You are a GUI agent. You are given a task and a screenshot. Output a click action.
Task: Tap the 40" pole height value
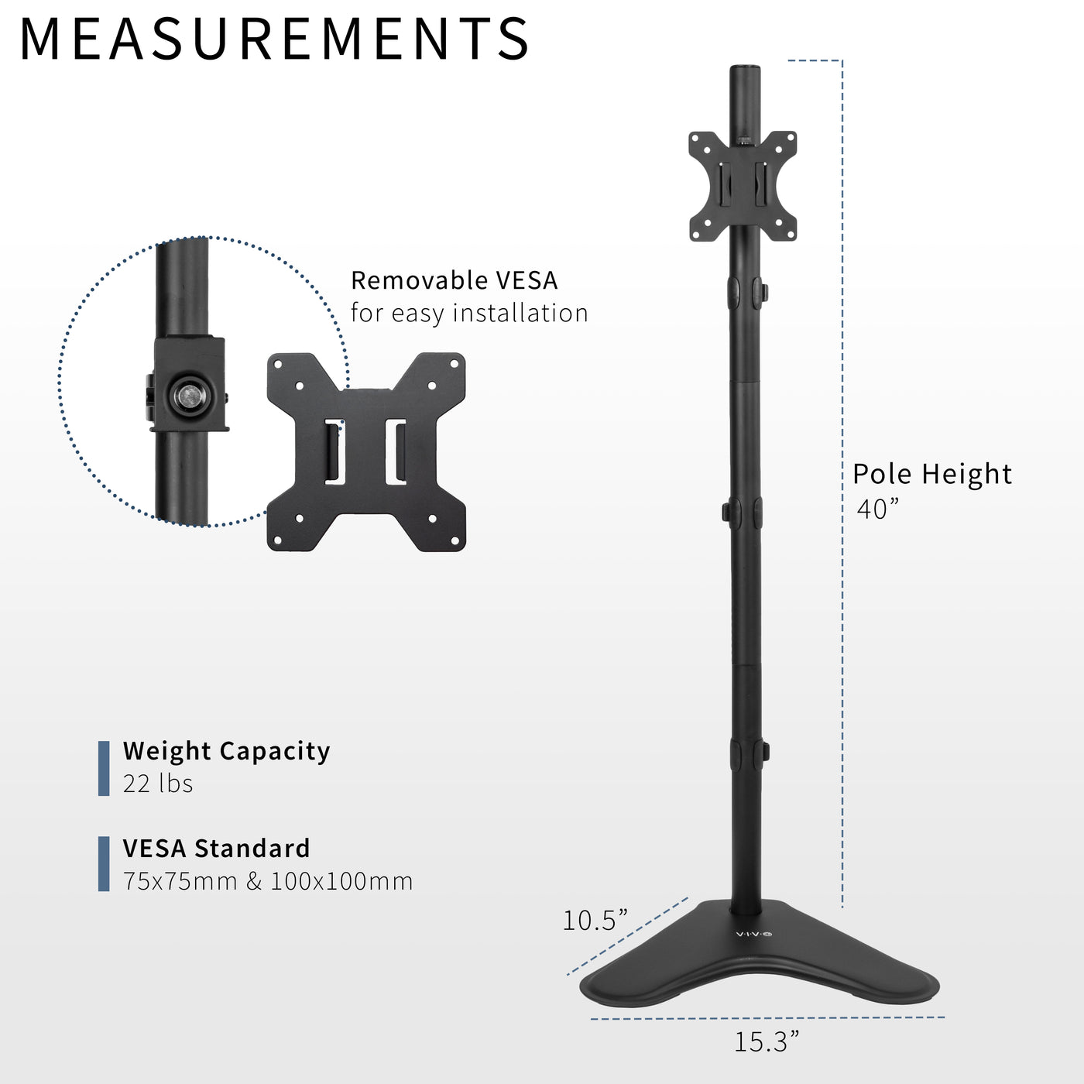coord(877,509)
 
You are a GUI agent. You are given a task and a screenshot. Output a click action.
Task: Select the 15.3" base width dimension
coord(766,1041)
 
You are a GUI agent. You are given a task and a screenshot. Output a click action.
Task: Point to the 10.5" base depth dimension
coord(595,920)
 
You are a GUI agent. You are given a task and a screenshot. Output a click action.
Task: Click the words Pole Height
coord(932,474)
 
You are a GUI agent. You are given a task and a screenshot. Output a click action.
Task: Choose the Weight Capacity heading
coord(226,751)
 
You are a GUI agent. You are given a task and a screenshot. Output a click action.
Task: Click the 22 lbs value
coord(158,784)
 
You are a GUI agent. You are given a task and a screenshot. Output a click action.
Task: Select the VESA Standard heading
coord(216,849)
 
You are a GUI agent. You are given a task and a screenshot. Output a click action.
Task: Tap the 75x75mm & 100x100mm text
coord(268,881)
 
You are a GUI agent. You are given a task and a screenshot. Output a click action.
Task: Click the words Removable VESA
coord(454,280)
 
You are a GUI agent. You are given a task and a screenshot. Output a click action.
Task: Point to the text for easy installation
coord(469,313)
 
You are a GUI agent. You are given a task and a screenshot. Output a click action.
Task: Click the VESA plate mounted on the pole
coord(743,186)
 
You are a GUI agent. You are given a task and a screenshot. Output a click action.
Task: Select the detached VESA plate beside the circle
coord(366,452)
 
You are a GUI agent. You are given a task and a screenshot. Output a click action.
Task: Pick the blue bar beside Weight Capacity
coord(104,768)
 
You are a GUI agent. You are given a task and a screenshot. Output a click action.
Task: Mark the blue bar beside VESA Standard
coord(104,864)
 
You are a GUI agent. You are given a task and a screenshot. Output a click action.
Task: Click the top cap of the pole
coord(743,70)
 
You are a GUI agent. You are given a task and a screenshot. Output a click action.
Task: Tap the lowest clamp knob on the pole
coord(764,751)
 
